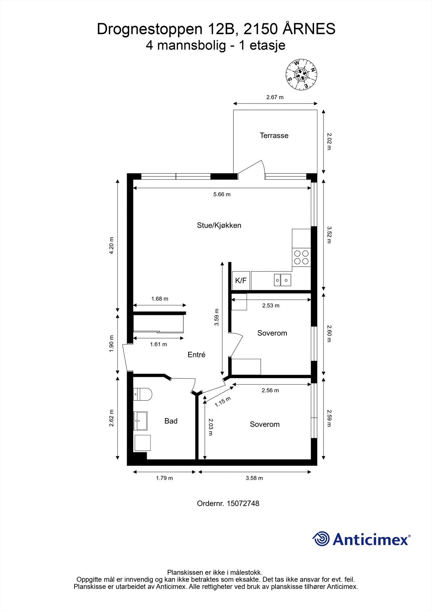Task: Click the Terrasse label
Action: (274, 136)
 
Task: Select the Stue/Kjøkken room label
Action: (219, 225)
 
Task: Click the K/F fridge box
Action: (241, 281)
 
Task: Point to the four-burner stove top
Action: (301, 257)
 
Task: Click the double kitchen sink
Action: (282, 280)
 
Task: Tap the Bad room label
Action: (171, 421)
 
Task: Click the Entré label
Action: (196, 355)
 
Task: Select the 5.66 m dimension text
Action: (222, 194)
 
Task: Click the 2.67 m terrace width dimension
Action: (275, 97)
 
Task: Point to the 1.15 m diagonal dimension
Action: (222, 402)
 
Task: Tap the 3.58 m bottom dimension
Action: (254, 478)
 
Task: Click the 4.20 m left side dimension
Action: (112, 246)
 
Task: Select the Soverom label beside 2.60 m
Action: (272, 333)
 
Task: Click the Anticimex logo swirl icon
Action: (321, 539)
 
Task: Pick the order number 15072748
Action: (243, 503)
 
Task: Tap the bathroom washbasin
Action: (140, 421)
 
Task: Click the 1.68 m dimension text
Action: (160, 299)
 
